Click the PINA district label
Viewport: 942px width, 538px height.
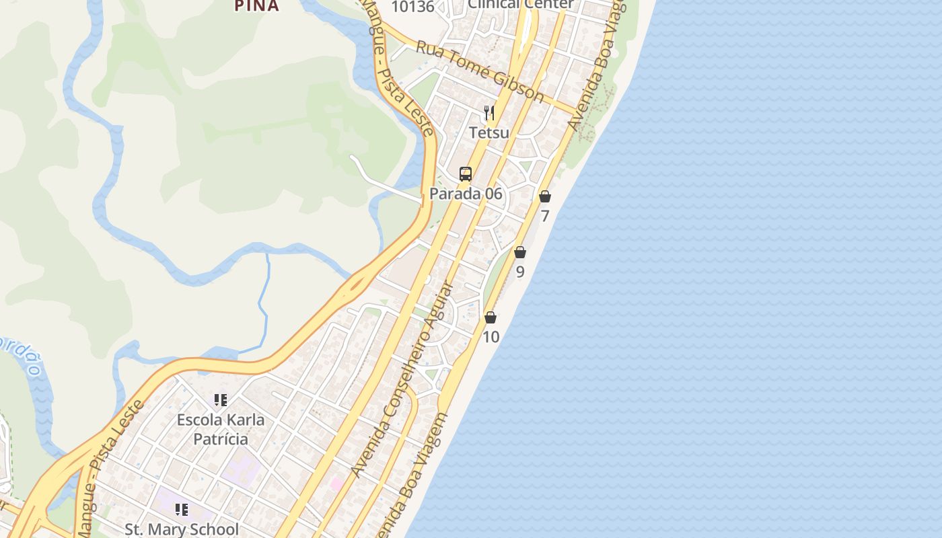coord(256,6)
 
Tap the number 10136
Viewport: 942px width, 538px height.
coord(412,7)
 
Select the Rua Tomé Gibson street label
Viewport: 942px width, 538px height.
coord(480,71)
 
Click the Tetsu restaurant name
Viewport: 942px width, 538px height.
coord(489,132)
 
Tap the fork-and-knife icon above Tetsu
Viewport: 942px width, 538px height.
coord(489,113)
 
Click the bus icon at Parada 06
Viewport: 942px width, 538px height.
coord(466,174)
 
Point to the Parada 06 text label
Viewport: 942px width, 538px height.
coord(466,194)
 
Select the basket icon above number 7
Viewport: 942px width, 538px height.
coord(545,196)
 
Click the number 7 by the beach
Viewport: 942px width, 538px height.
coord(545,216)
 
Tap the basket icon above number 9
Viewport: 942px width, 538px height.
coord(520,252)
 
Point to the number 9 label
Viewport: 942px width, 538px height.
coord(520,272)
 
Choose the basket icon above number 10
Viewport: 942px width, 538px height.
coord(491,317)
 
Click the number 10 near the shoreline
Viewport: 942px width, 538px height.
coord(491,336)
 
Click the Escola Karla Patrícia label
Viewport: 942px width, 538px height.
coord(221,429)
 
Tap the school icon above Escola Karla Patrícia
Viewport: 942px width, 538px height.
coord(221,400)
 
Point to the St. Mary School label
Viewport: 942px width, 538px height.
coord(182,529)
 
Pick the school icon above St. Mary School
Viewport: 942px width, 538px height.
coord(182,510)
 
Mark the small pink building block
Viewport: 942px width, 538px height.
coord(336,483)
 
